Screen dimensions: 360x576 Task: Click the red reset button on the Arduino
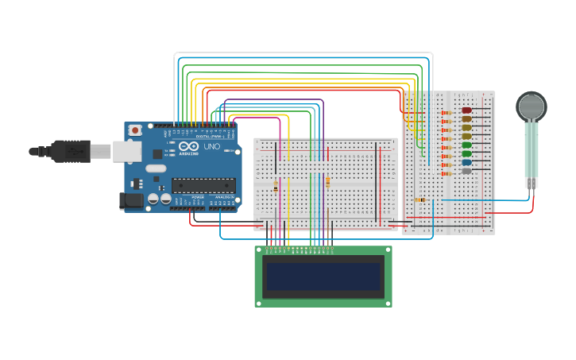(136, 130)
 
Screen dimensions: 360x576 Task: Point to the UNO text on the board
(212, 147)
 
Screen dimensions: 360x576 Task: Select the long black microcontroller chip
(203, 185)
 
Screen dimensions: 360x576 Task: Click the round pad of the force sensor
(532, 106)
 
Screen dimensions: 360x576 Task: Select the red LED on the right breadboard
(466, 110)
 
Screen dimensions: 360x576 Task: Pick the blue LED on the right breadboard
(466, 162)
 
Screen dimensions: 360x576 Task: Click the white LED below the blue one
(466, 171)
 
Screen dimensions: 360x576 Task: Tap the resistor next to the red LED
(446, 112)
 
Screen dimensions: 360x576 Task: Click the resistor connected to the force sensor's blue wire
(419, 200)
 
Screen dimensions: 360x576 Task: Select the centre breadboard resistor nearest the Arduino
(276, 186)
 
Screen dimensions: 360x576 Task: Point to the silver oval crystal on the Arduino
(156, 168)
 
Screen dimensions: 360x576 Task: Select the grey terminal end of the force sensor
(531, 183)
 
